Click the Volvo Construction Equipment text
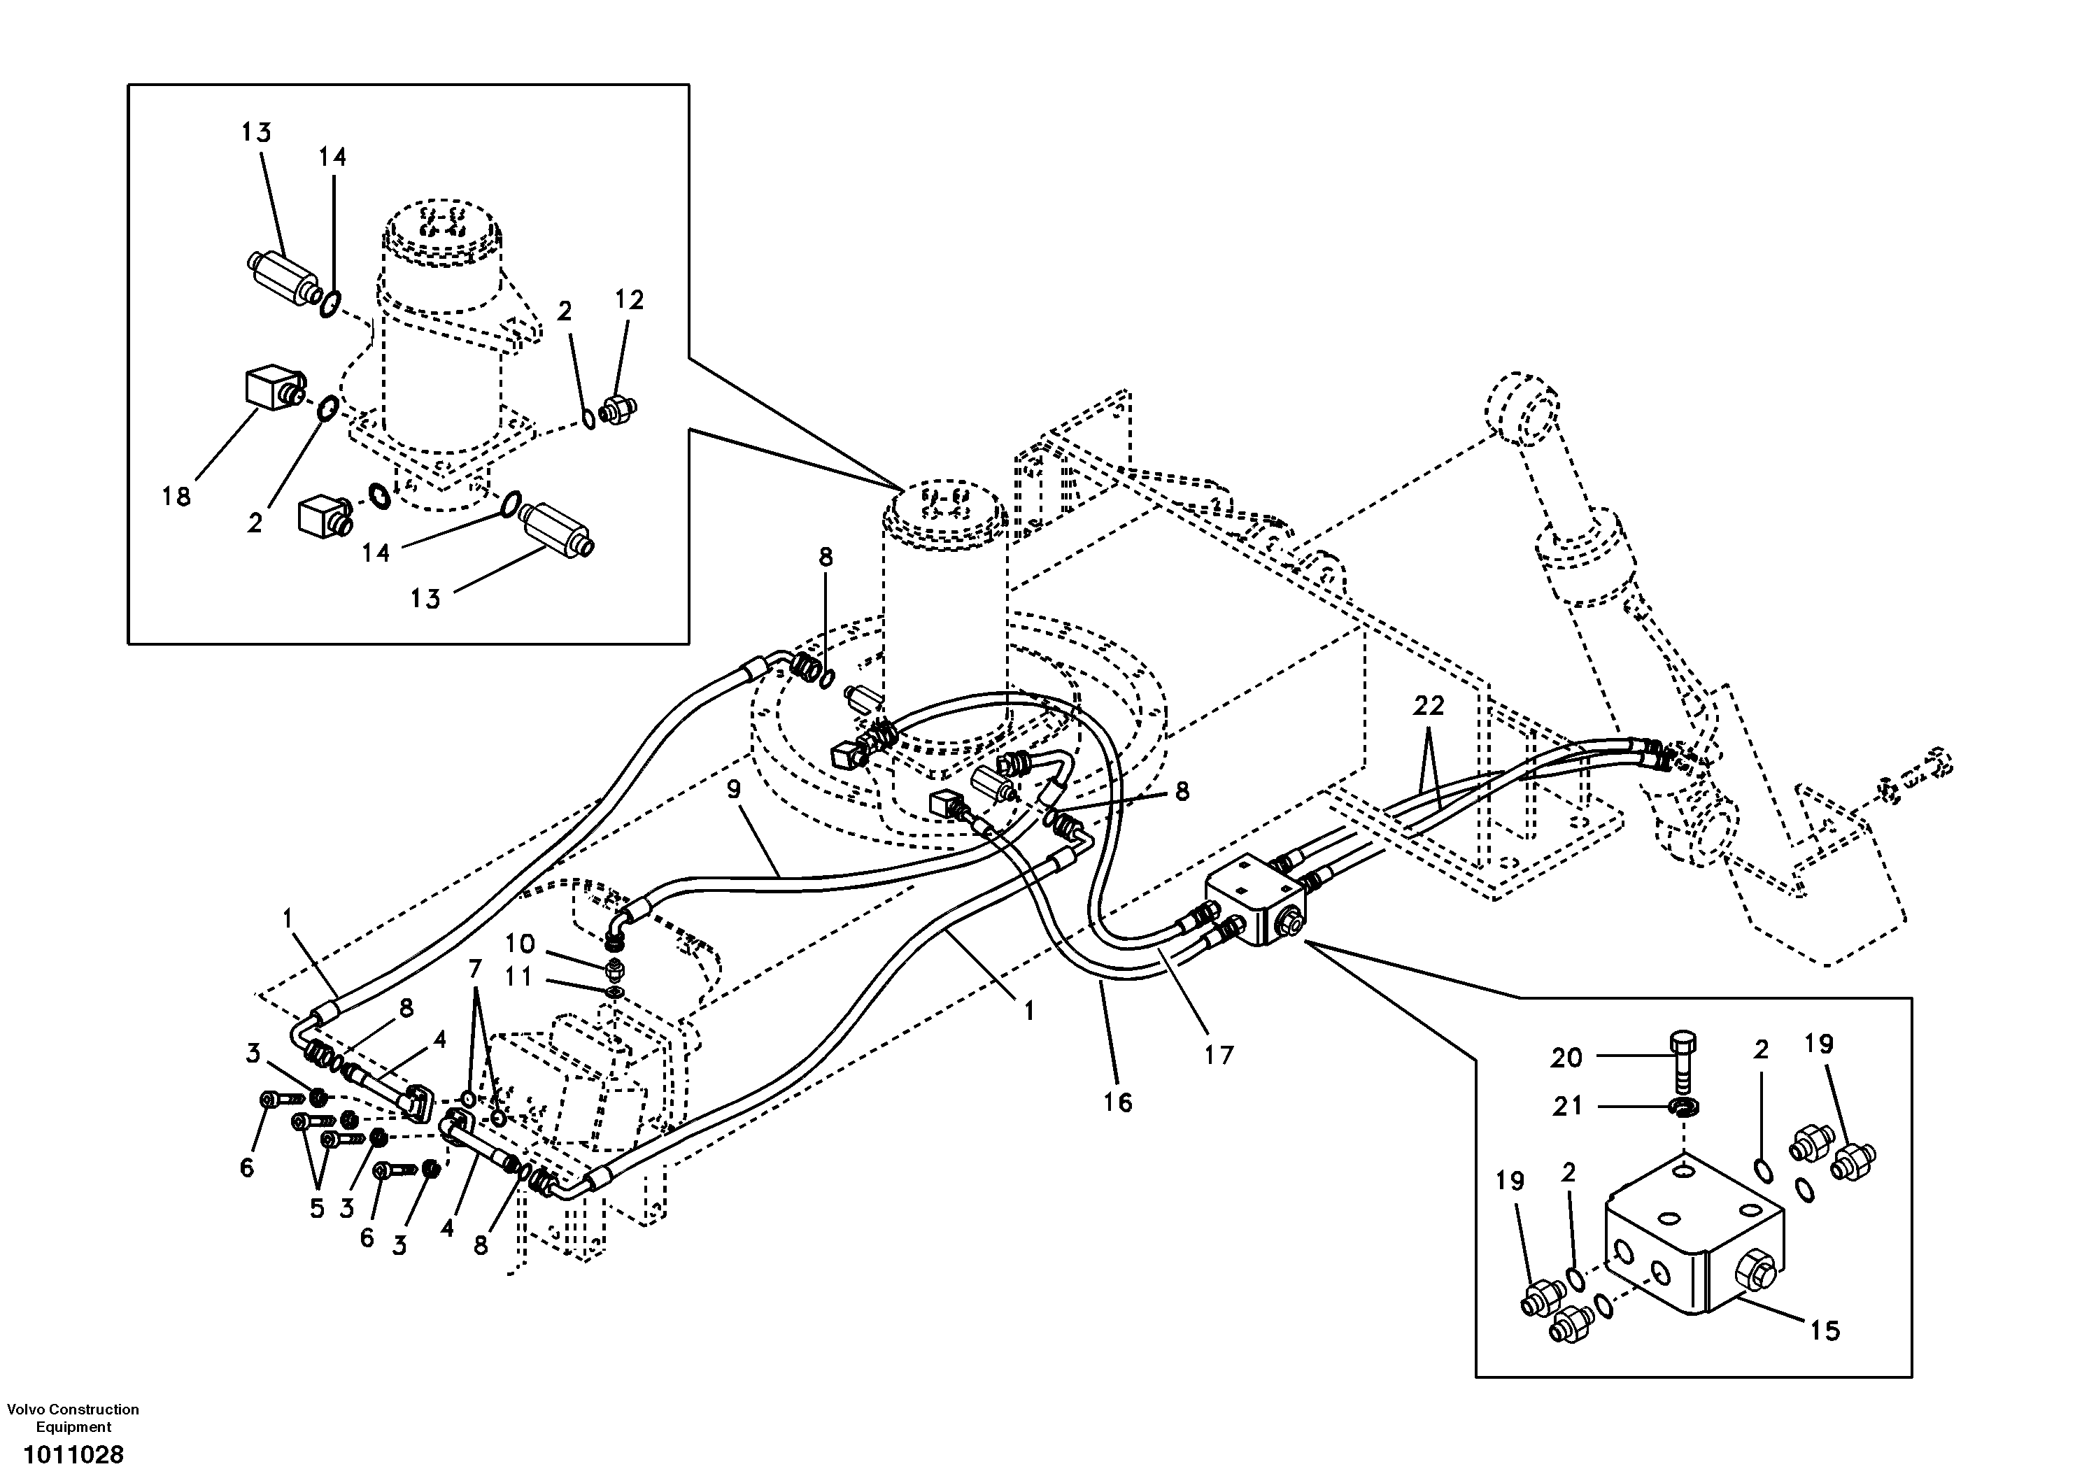point(73,1417)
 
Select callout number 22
point(1428,706)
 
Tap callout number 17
point(1219,1055)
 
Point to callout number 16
point(1117,1102)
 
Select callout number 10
point(520,944)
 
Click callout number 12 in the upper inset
point(630,300)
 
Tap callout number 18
point(177,496)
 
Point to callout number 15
point(1825,1330)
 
